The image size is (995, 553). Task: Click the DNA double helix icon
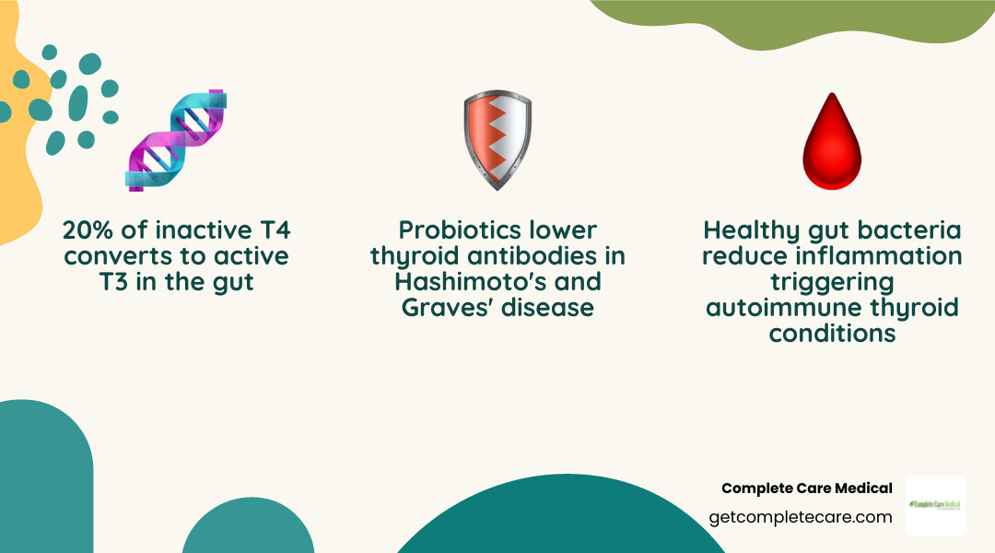177,140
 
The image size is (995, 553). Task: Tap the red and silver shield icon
497,140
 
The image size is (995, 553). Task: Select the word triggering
832,281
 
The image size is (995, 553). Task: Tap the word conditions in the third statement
832,332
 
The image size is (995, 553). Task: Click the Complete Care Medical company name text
806,488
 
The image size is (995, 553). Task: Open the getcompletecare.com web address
801,517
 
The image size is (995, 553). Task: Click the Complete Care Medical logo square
935,505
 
